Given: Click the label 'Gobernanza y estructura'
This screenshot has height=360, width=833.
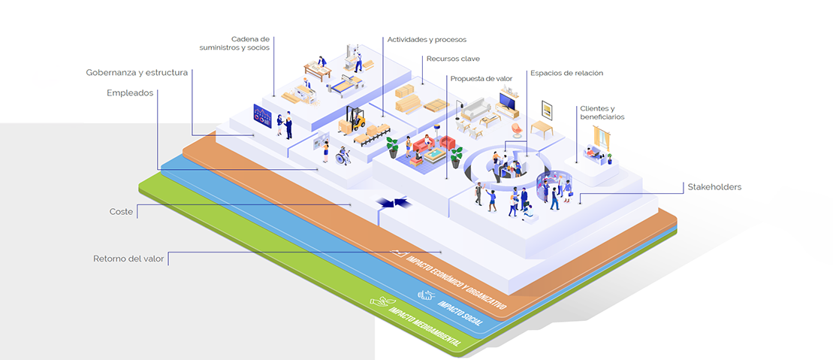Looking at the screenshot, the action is click(x=137, y=73).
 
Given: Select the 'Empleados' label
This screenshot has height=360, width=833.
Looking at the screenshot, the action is click(x=130, y=93).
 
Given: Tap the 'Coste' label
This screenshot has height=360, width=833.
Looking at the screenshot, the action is click(x=121, y=212).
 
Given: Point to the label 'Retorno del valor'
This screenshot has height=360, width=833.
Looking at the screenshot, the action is click(x=128, y=259).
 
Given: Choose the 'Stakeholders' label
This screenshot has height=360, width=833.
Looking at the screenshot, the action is click(x=714, y=187).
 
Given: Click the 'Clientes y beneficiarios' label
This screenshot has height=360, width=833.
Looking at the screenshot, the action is click(x=602, y=113).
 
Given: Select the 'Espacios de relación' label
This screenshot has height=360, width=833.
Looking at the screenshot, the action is click(x=566, y=73).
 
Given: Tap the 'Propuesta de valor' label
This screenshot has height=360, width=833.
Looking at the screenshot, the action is click(x=481, y=79).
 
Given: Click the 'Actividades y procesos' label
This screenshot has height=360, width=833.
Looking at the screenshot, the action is click(x=427, y=39).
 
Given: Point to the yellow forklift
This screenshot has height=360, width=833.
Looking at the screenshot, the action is click(x=354, y=119).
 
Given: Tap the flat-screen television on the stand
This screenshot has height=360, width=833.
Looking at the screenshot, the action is click(x=509, y=100).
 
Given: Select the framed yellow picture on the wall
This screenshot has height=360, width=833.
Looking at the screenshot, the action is click(x=547, y=110).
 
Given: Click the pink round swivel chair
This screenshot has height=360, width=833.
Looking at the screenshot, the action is click(x=516, y=130).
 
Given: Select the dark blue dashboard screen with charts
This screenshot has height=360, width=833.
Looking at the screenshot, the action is click(x=262, y=116).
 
